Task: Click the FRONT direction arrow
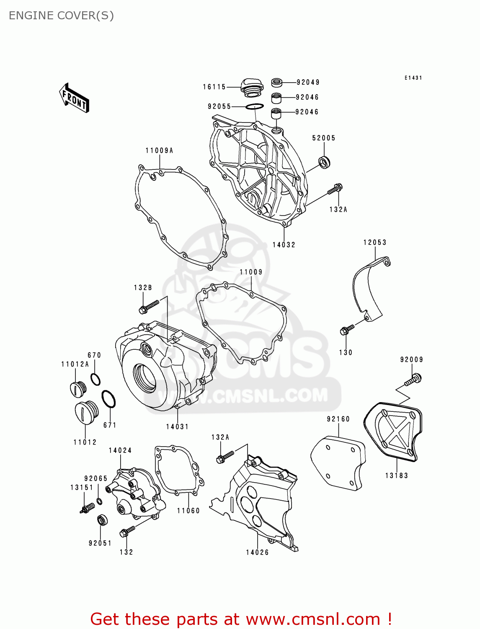[74, 98]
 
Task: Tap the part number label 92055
[219, 107]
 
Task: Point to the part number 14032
[284, 245]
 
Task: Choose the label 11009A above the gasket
[159, 151]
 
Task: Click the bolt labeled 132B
[149, 307]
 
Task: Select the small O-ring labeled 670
[95, 379]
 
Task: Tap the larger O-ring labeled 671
[108, 399]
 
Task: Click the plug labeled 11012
[86, 413]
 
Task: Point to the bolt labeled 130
[347, 330]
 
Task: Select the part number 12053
[374, 242]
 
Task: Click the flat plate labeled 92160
[338, 463]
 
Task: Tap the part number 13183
[396, 476]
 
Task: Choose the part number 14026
[257, 552]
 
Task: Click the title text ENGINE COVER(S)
[61, 16]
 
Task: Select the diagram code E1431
[413, 78]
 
